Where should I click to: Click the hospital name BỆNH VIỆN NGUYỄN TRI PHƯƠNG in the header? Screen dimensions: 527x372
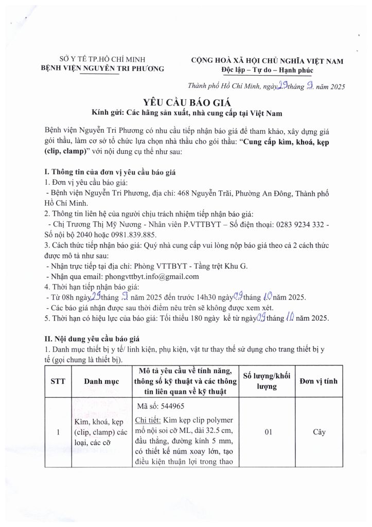tap(102, 68)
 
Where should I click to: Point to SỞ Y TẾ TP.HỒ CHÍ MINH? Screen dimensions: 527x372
tap(102, 59)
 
